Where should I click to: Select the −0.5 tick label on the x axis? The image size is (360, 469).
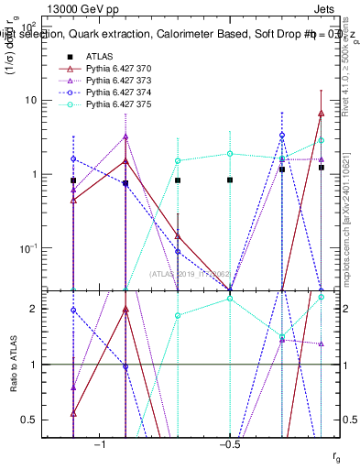point(230,444)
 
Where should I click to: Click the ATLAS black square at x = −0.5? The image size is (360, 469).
point(230,180)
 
